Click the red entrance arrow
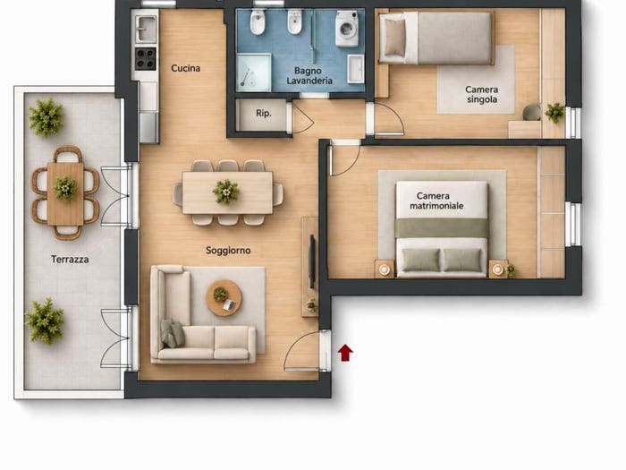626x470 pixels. point(345,353)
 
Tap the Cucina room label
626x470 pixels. point(186,68)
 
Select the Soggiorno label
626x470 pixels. point(228,251)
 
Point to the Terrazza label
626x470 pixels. point(70,260)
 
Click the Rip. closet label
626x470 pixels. point(264,114)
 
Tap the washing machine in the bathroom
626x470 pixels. point(347,29)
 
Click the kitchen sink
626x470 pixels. point(146,29)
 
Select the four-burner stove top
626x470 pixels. point(145,58)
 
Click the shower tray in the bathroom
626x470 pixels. point(253,73)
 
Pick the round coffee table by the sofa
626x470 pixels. point(224,298)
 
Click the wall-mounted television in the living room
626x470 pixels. point(312,261)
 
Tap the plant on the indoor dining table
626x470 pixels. point(226,192)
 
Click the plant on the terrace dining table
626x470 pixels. point(65,188)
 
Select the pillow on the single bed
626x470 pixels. point(394,37)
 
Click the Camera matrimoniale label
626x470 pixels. point(436,201)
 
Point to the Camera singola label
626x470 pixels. point(482,94)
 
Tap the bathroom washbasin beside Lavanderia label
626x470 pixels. point(355,69)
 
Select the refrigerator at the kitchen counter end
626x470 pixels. point(149,127)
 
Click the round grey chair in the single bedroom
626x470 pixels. point(532,112)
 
